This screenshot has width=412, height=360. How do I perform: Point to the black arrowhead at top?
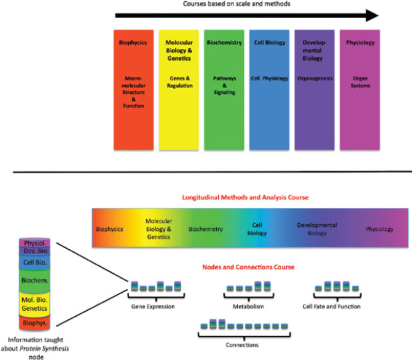tap(371, 15)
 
